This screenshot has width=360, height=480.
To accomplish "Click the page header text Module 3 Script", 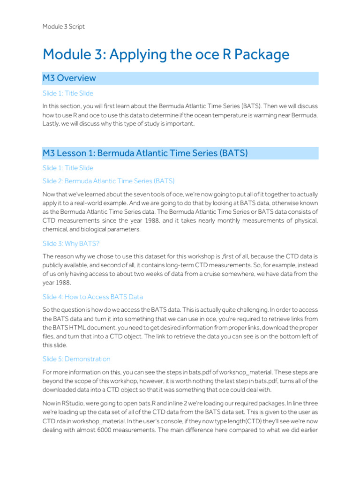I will (64, 27).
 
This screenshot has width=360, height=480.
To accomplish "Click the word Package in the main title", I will (260, 55).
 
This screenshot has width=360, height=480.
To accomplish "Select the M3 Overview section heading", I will (69, 78).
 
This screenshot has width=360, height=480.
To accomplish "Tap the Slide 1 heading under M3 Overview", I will (68, 93).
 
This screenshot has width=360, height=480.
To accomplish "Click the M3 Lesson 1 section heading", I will (145, 153).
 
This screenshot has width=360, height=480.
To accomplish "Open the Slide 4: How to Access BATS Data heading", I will (93, 297).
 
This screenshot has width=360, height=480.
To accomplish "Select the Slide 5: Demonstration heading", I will (76, 359).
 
